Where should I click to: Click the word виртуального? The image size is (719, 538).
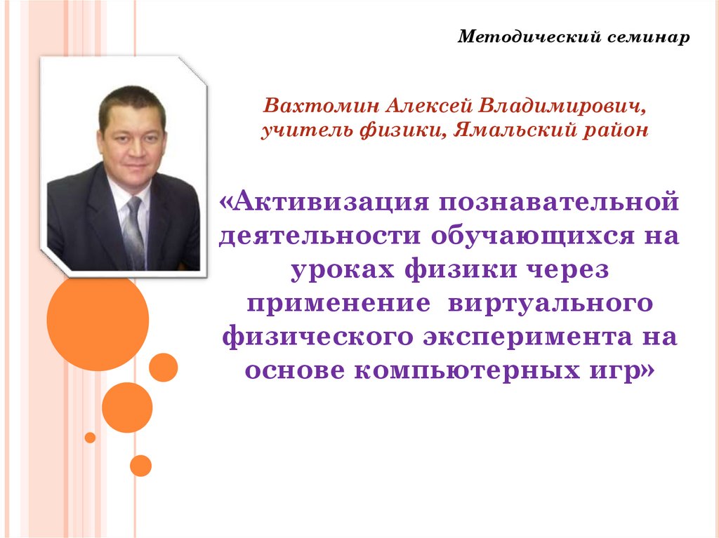555,304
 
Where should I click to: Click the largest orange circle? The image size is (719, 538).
98,319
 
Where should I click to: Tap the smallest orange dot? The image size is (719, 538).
90,438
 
